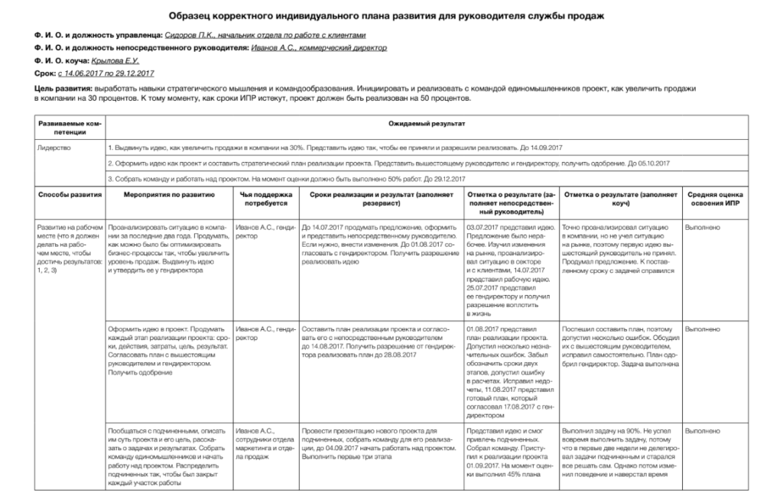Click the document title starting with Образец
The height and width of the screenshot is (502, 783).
tap(391, 15)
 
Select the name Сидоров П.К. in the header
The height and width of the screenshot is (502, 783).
tap(189, 35)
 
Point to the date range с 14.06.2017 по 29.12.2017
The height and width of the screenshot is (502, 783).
tap(106, 73)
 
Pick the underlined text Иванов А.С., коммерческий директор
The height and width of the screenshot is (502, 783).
tap(319, 48)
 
